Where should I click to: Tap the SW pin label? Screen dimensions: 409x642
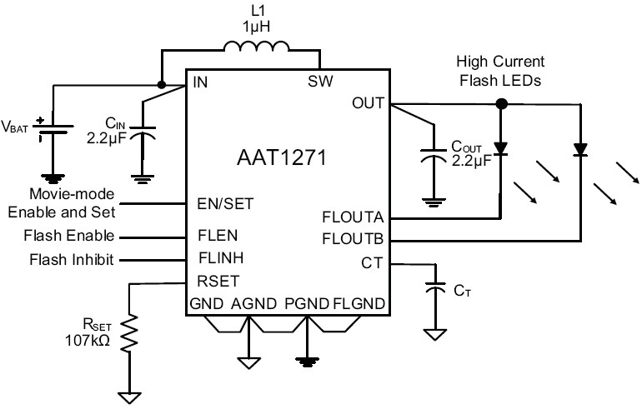pyautogui.click(x=321, y=82)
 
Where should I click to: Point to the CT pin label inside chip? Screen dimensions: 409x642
pyautogui.click(x=370, y=264)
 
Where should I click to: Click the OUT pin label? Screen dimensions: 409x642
pyautogui.click(x=368, y=103)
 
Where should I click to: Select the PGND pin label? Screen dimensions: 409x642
pyautogui.click(x=303, y=304)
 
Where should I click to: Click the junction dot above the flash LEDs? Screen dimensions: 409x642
pyautogui.click(x=501, y=104)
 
